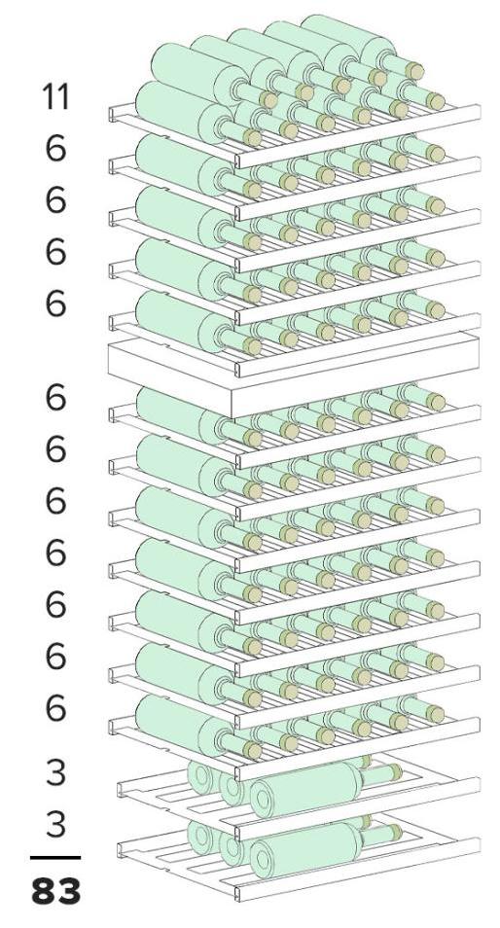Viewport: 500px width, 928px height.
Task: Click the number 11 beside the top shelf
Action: [55, 96]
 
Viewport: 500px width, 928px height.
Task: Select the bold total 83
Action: [55, 891]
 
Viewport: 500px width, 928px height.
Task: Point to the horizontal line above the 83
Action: [55, 858]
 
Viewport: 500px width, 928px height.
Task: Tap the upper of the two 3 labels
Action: [55, 772]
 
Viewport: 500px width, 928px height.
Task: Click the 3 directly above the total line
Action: [55, 824]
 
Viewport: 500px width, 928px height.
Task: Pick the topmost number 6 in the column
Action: [55, 148]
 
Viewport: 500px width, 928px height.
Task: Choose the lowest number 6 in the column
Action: [55, 708]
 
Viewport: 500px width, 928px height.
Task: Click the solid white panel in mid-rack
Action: [294, 372]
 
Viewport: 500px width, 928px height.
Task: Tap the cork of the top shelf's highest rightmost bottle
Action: [414, 71]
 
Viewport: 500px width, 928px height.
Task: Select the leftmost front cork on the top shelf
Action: [252, 138]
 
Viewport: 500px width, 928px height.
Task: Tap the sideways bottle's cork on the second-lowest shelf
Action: [393, 772]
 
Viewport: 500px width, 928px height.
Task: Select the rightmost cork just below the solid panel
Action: [436, 403]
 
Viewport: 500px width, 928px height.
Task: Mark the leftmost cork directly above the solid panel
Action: [252, 346]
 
